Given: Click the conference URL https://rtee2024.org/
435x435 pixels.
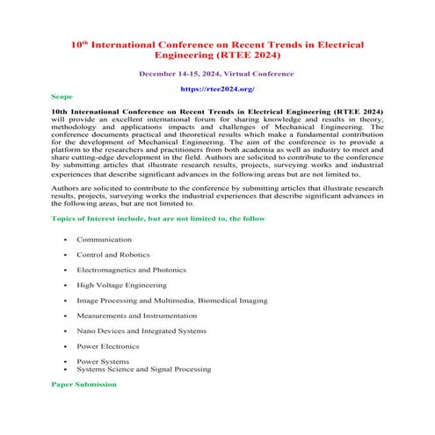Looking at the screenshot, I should point(217,89).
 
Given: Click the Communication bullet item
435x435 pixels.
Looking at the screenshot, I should point(104,239).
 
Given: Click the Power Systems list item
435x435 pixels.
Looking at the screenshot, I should point(103,361).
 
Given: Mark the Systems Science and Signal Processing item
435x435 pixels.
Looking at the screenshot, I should point(143,369).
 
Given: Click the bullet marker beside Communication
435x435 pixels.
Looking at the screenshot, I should point(65,239).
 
